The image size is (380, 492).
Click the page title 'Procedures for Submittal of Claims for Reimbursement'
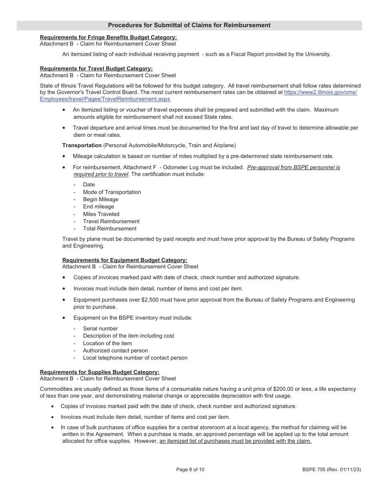pos(189,25)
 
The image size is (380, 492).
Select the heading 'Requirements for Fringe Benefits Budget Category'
pos(108,37)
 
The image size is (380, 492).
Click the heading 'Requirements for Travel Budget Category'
pos(96,68)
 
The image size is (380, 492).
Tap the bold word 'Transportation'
pos(82,145)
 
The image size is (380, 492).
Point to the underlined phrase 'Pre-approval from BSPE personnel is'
pos(293,167)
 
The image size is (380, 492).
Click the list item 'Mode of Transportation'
pos(112,192)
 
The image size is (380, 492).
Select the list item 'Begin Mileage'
pos(100,199)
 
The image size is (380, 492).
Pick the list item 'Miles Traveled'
pos(101,214)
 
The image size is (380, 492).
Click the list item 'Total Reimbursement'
pos(110,228)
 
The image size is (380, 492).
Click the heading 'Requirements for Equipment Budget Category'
pos(124,260)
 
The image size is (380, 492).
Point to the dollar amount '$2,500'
pos(150,300)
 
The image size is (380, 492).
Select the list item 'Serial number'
pos(100,328)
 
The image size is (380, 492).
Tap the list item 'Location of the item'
pos(107,343)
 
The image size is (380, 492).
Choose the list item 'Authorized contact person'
pos(115,350)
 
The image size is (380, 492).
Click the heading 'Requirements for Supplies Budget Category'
pos(99,372)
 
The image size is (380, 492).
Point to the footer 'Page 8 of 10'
pos(190,470)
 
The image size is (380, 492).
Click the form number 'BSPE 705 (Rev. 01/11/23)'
pos(332,470)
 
